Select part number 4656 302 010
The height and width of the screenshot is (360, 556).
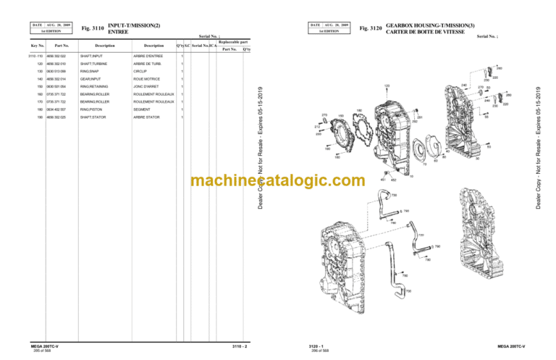pyautogui.click(x=56, y=64)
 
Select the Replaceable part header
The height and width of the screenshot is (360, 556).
pyautogui.click(x=232, y=42)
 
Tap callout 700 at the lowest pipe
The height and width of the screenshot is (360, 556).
pyautogui.click(x=408, y=291)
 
